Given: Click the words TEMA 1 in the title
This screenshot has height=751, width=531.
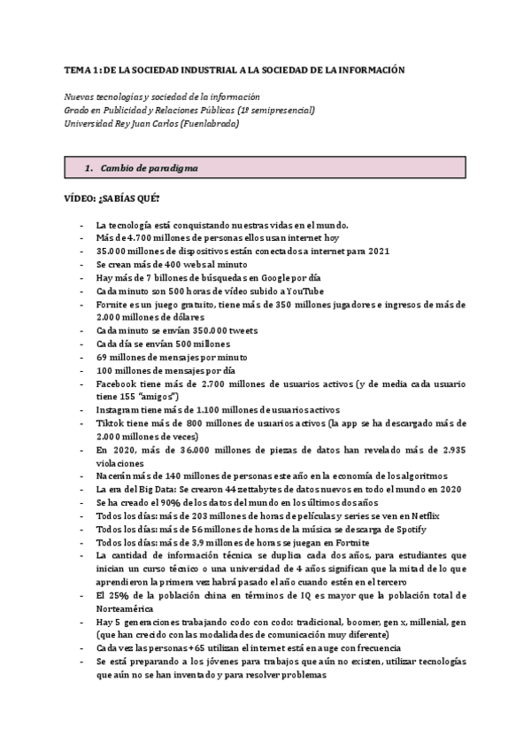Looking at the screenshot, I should (x=81, y=69).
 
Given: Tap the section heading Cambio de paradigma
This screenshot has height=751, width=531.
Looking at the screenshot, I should (x=150, y=167).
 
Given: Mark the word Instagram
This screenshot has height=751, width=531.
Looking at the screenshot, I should (x=119, y=411).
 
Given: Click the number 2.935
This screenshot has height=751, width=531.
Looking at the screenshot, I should (x=448, y=450).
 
